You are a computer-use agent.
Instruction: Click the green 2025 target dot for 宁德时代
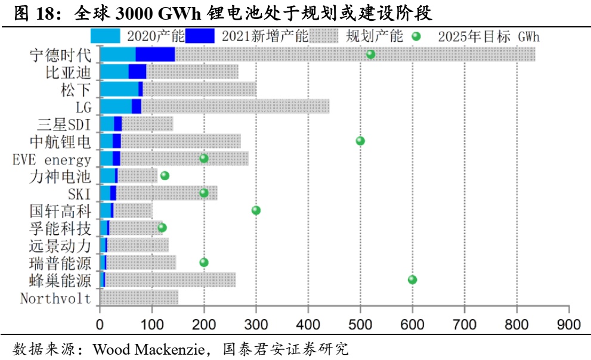point(370,54)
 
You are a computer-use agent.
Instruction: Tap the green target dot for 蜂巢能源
point(412,280)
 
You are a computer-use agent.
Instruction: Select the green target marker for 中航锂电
point(360,141)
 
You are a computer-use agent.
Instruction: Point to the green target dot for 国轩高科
point(256,210)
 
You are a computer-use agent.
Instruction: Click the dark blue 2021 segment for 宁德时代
point(155,54)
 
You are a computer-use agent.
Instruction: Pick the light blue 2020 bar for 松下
point(119,89)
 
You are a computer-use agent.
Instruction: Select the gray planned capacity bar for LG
point(235,106)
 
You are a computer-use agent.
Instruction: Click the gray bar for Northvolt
point(139,297)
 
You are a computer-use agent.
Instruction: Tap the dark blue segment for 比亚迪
point(137,72)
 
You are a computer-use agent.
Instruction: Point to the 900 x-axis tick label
point(569,325)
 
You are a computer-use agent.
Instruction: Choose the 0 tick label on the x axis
point(100,325)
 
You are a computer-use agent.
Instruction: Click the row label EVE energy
point(52,160)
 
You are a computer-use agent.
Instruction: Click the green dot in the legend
point(417,37)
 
